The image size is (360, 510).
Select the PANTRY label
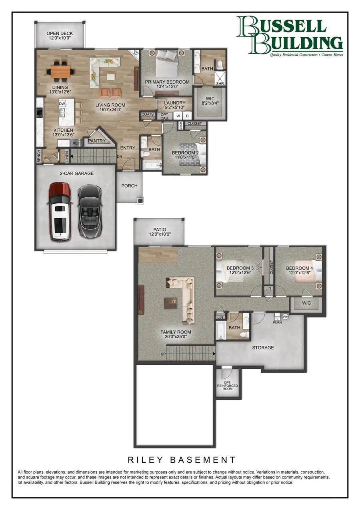pyautogui.click(x=96, y=141)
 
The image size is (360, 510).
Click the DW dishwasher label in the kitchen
pyautogui.click(x=62, y=104)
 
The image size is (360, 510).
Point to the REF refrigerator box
pyautogui.click(x=75, y=143)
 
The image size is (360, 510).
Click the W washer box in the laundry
pyautogui.click(x=178, y=116)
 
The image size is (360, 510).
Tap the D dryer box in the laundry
pyautogui.click(x=187, y=116)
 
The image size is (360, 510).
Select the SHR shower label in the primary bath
pyautogui.click(x=220, y=83)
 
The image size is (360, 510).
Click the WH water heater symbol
pyautogui.click(x=285, y=317)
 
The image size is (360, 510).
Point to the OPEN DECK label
pyautogui.click(x=60, y=34)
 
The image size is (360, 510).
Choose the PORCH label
pyautogui.click(x=129, y=186)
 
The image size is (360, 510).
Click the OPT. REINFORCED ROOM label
pyautogui.click(x=228, y=386)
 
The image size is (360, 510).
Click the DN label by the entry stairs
pyautogui.click(x=119, y=157)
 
